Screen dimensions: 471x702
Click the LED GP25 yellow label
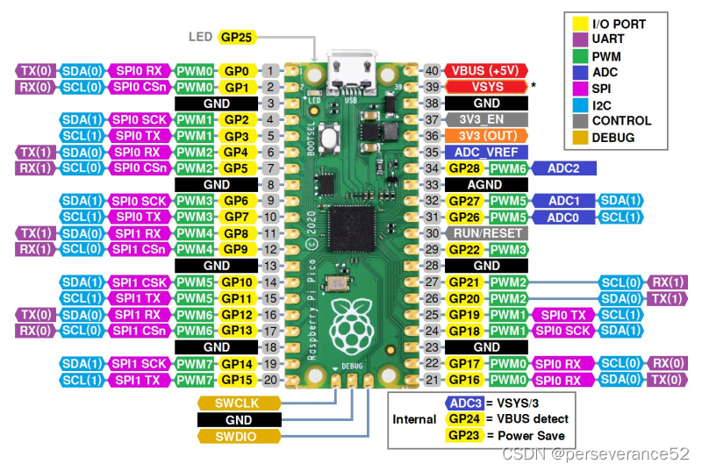(236, 37)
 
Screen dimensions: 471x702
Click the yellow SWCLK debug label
(239, 403)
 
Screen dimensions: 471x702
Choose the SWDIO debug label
(239, 436)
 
